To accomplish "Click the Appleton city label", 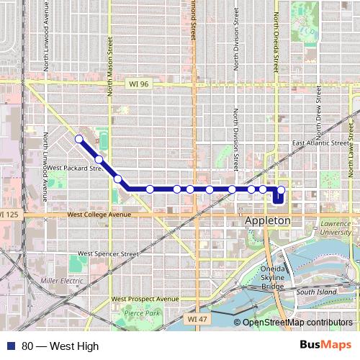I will (268, 220).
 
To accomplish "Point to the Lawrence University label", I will (336, 228).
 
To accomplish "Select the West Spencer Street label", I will (108, 253).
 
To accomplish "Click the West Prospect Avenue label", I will (145, 299).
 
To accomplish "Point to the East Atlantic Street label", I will (318, 143).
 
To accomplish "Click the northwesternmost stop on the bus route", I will (78, 139).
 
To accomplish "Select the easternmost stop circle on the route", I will (282, 190).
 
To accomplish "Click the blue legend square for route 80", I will (11, 346).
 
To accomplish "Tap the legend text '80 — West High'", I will (60, 346).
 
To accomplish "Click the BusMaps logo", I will (325, 346).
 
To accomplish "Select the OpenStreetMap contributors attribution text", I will (297, 323).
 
